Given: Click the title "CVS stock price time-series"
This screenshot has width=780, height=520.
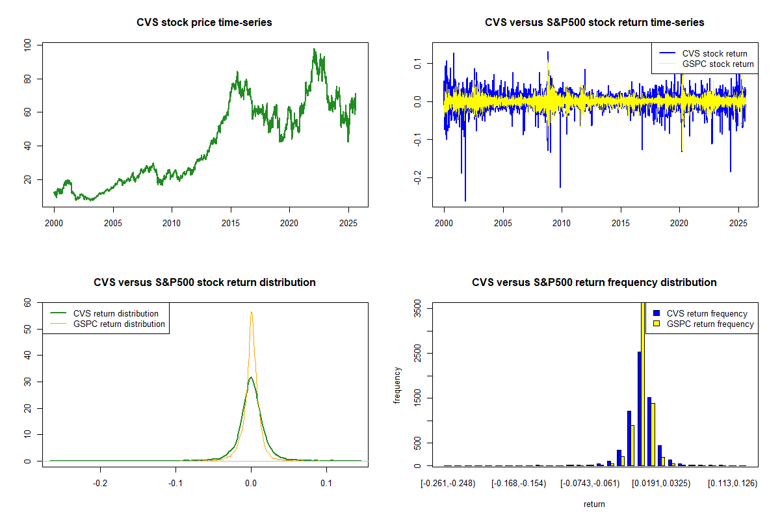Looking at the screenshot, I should (204, 23).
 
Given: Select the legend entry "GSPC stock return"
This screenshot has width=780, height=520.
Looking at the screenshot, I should (718, 64).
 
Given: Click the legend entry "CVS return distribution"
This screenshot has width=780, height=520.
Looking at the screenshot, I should (116, 313).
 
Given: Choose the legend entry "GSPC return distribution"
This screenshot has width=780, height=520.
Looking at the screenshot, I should (119, 324).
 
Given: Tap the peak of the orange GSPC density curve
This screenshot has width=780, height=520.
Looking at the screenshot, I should (252, 312).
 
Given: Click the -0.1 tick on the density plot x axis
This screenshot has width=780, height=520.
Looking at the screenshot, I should (175, 484).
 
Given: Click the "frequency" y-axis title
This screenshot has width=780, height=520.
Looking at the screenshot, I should (397, 385).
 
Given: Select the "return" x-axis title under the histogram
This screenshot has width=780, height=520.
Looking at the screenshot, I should (594, 504).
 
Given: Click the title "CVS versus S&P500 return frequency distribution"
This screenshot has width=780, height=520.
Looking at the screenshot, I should (594, 283).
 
